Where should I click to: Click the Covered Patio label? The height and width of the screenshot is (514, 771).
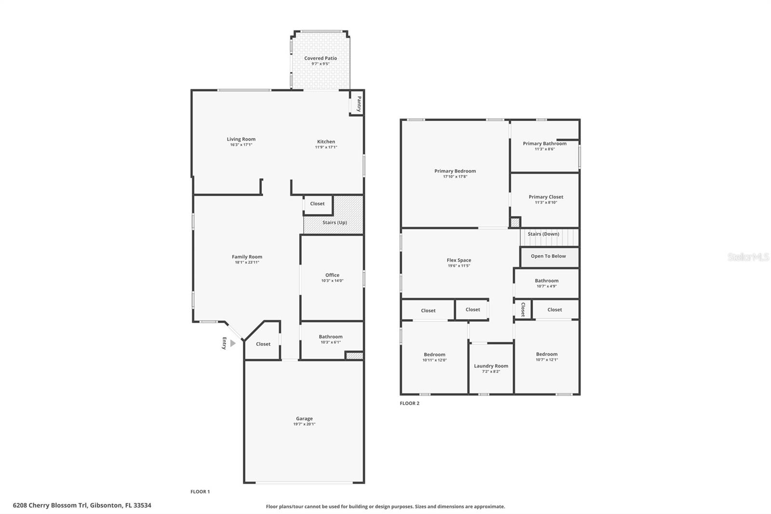pos(320,58)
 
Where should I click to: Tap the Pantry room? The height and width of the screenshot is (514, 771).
pos(357,103)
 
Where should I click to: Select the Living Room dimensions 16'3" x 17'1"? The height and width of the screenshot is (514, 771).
pos(241,145)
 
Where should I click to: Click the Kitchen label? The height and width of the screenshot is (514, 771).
pos(326,142)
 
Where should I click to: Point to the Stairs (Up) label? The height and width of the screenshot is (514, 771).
pos(334,223)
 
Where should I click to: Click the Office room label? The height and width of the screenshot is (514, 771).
pos(332,275)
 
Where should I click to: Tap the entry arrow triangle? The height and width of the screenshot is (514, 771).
pos(233,343)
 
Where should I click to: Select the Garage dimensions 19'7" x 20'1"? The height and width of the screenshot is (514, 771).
pos(304,424)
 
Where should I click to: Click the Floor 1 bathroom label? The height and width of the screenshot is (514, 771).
pos(331,337)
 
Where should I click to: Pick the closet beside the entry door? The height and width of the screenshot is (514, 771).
pos(263,344)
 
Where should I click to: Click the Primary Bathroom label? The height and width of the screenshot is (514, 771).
pos(545,144)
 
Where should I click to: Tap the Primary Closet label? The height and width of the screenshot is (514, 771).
pos(545,197)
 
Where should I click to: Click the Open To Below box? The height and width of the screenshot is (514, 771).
pos(548,257)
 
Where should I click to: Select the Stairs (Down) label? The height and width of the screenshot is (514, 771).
pos(543,234)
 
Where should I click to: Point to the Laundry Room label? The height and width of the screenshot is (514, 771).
pos(491,366)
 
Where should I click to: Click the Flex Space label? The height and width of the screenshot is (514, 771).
pos(459,260)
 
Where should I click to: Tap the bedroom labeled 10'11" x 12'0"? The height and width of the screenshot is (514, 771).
pos(434,357)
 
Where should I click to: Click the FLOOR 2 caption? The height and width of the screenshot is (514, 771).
pos(410,404)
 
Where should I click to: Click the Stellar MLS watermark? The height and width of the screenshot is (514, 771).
pos(748,257)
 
